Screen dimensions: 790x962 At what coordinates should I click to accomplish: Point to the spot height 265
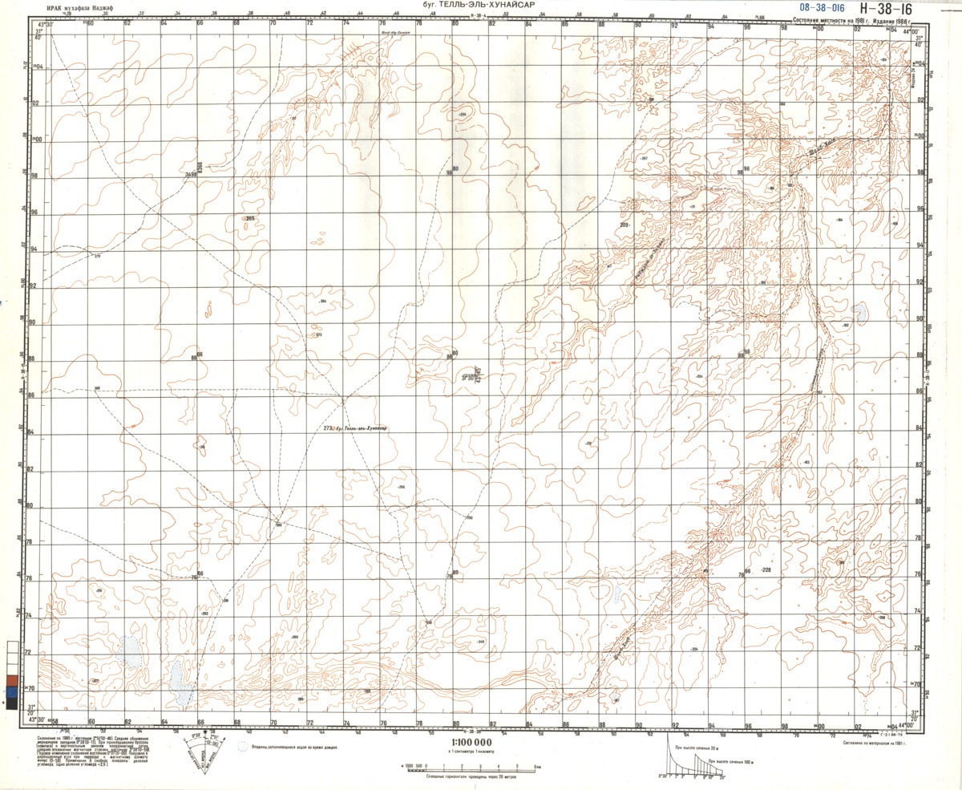[249, 218]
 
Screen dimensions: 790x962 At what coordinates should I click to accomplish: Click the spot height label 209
[625, 225]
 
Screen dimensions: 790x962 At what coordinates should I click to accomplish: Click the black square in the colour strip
[11, 703]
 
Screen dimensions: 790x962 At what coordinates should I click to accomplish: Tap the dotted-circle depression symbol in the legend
[244, 746]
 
